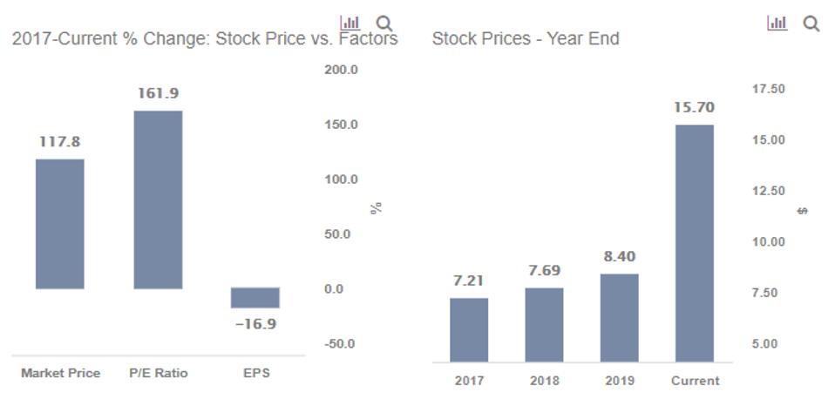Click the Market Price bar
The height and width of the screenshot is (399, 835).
(60, 223)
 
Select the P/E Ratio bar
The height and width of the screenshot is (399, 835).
(158, 199)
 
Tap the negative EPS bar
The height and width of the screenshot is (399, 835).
(255, 298)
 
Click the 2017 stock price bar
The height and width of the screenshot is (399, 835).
(469, 329)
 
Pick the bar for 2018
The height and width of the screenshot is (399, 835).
(544, 324)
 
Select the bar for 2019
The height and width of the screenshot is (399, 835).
(619, 317)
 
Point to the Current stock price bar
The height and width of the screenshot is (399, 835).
(694, 243)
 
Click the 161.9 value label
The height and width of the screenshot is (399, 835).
(158, 93)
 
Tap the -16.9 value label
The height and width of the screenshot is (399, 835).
(255, 324)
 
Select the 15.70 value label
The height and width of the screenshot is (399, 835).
(694, 108)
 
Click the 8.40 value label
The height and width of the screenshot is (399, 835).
(619, 256)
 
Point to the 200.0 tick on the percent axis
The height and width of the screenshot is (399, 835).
(341, 70)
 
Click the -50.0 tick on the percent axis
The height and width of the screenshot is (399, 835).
(341, 343)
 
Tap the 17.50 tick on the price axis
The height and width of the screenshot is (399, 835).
(767, 89)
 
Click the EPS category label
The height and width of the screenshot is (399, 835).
(256, 373)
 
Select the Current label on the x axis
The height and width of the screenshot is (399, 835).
(695, 381)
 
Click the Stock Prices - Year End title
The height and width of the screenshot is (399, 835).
(526, 39)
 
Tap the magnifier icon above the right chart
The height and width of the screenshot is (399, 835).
(811, 24)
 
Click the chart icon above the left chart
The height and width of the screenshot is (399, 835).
(350, 23)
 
